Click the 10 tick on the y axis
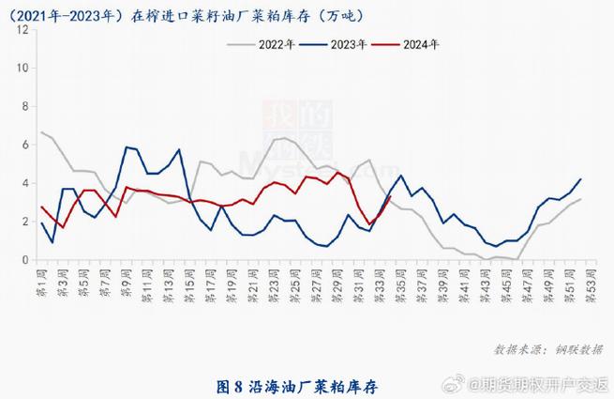[23, 68]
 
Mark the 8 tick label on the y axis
[23, 106]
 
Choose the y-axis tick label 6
[23, 145]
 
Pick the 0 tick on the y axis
[23, 259]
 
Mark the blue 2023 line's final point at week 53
[581, 178]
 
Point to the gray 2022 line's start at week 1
[41, 132]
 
